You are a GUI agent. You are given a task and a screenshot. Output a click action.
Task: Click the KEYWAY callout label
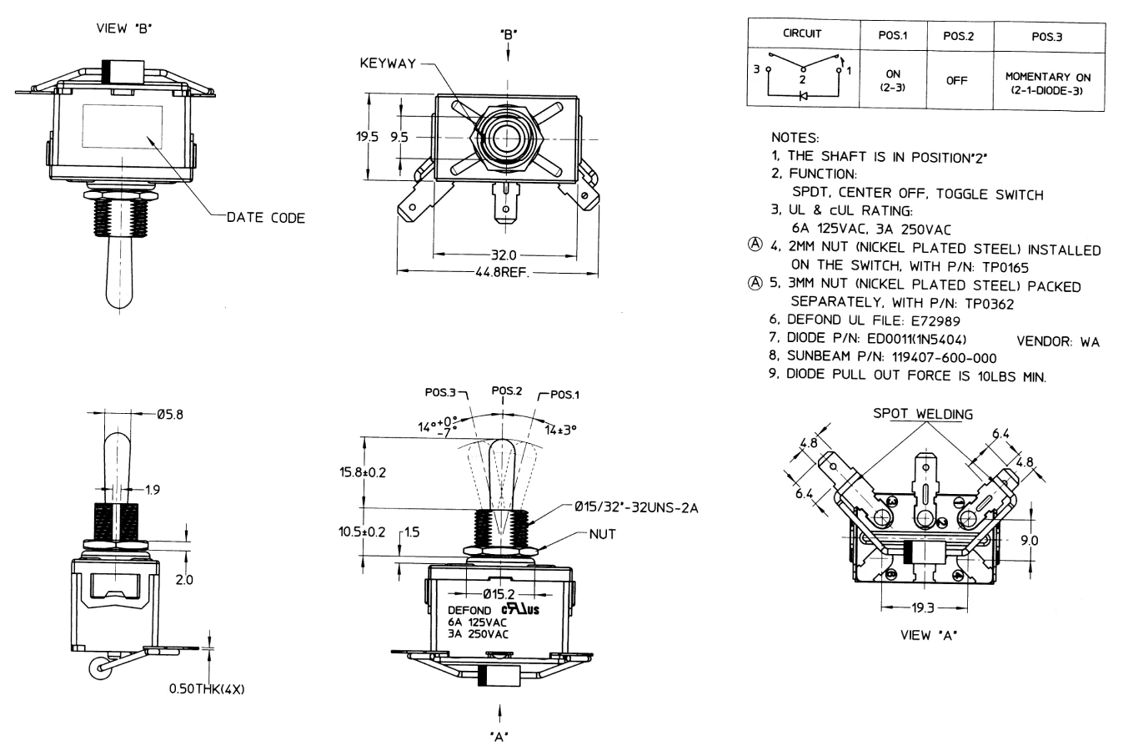(387, 63)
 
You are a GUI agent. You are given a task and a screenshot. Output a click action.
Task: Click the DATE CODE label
(265, 218)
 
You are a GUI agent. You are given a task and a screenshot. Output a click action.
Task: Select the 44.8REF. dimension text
(502, 271)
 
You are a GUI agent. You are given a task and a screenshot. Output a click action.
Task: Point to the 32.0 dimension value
(504, 255)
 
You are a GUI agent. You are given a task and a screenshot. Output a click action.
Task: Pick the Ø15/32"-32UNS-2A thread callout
(636, 507)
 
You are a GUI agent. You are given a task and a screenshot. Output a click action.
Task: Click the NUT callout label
(602, 535)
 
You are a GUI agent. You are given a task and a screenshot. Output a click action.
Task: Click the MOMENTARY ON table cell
(1047, 83)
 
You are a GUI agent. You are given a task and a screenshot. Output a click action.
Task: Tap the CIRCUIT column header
(802, 34)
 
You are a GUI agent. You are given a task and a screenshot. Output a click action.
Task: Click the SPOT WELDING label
(922, 414)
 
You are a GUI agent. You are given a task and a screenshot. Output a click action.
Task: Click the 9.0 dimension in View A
(1030, 541)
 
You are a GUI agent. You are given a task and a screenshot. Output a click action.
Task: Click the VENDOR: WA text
(1058, 342)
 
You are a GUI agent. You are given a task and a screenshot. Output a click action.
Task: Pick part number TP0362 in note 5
(989, 304)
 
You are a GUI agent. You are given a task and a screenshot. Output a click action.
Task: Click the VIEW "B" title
(125, 29)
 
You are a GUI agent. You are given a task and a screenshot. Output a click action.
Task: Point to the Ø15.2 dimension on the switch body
(501, 594)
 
